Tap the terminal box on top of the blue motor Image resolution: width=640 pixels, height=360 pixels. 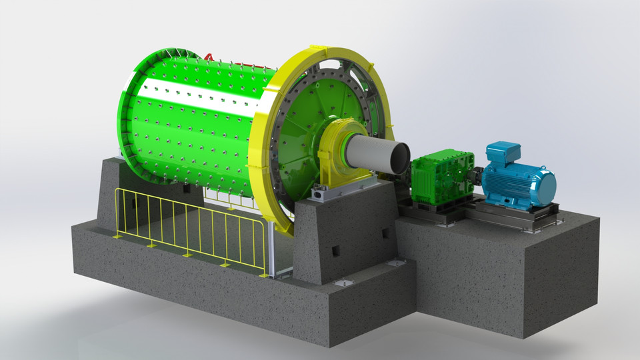[x=503, y=151]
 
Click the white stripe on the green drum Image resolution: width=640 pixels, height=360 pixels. [x=200, y=93]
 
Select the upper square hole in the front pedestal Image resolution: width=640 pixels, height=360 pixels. [x=385, y=233]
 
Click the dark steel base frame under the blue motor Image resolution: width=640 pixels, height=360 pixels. [x=507, y=215]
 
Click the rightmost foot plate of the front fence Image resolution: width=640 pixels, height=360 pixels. [x=265, y=275]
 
